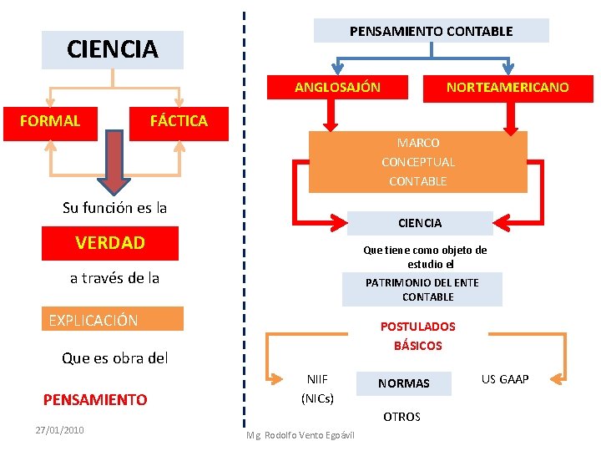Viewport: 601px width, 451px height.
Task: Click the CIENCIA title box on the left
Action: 113,50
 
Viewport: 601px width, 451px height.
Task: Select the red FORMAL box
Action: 51,121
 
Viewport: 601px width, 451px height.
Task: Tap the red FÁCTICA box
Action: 179,121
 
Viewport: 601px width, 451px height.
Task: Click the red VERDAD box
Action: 110,243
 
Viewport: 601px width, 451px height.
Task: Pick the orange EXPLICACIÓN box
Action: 114,320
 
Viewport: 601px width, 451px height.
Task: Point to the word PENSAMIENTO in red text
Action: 95,400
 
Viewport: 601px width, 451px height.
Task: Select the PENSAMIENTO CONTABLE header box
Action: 431,32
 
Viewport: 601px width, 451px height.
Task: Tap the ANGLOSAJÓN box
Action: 337,88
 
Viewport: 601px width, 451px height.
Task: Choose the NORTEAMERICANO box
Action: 508,88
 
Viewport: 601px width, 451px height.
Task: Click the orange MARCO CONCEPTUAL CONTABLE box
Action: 417,162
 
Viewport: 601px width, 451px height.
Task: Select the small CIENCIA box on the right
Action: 420,223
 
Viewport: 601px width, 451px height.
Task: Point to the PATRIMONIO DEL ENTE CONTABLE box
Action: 422,290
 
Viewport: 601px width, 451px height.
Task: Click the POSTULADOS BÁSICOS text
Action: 417,336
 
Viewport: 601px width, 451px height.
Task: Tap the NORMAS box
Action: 404,383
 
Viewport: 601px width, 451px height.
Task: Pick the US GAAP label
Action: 505,379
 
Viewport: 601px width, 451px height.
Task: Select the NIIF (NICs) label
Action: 317,389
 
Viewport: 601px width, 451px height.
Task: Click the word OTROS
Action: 402,417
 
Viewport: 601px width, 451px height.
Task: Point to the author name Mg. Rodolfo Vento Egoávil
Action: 300,435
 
